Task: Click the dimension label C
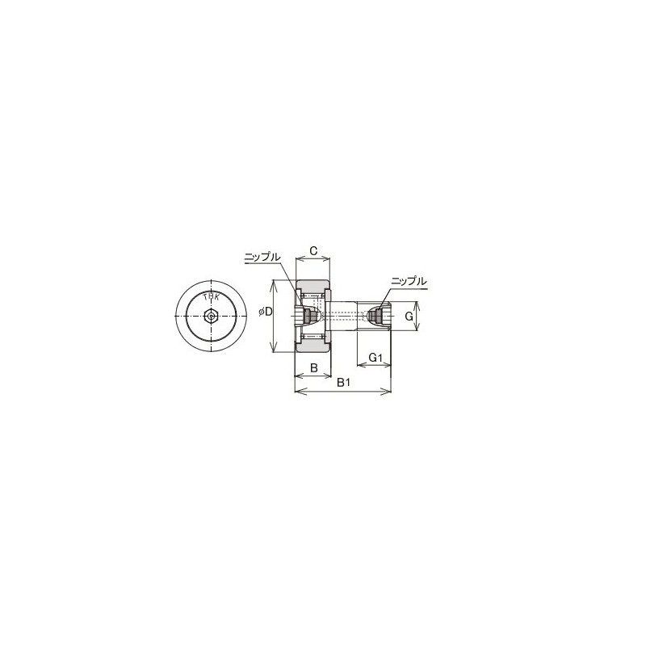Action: (313, 250)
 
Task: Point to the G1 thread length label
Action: (374, 357)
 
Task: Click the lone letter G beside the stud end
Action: (409, 317)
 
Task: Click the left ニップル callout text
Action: (262, 257)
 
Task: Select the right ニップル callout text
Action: (408, 281)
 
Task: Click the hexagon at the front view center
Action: (211, 317)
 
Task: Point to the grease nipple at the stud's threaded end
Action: (375, 317)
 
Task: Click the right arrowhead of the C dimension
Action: (329, 259)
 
